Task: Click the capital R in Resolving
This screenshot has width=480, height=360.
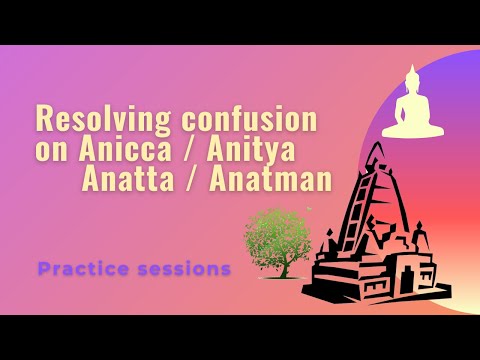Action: (x=45, y=120)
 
